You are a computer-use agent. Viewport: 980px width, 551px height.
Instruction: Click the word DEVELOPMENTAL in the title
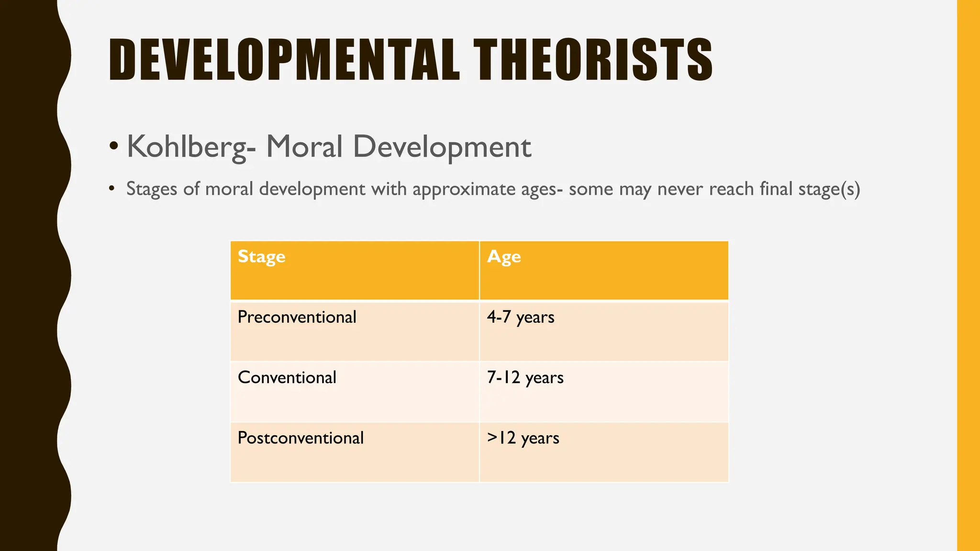pos(284,60)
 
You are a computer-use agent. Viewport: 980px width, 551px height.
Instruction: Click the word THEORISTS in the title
pos(593,60)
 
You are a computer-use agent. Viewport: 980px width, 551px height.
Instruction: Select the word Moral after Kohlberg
pos(304,147)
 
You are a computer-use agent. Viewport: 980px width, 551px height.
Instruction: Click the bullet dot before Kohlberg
pos(113,145)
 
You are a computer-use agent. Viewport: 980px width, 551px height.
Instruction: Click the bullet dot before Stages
pos(111,188)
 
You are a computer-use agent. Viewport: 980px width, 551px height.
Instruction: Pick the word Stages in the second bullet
pos(152,189)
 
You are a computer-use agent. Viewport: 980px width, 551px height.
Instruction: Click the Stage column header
pos(261,257)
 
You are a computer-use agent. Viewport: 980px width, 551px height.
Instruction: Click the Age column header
pos(504,257)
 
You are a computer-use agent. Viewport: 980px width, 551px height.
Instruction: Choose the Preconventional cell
pos(297,317)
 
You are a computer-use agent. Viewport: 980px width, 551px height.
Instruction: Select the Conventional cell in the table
pos(287,377)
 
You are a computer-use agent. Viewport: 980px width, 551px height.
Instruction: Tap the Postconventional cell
pos(301,438)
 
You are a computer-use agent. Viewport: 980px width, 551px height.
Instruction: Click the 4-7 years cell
pos(521,317)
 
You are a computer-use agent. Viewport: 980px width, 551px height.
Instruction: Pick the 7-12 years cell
pos(525,377)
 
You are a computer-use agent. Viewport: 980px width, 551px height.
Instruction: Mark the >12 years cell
pos(523,438)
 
